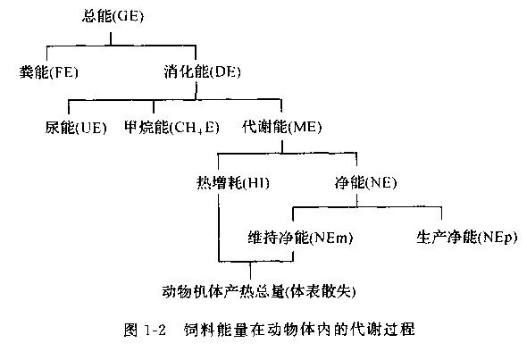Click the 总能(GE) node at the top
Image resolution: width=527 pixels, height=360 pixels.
[x=113, y=16]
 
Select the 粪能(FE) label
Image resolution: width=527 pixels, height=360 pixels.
[x=49, y=72]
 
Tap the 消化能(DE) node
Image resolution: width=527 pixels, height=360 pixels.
[x=203, y=72]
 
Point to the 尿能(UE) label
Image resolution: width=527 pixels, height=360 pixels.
[x=76, y=128]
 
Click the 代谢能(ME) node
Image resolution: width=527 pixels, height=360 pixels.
[x=281, y=127]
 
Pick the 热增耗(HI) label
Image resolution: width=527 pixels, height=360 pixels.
[x=233, y=183]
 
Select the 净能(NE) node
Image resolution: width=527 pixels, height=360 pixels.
[x=365, y=182]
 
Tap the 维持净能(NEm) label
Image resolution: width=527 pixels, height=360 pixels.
[x=300, y=238]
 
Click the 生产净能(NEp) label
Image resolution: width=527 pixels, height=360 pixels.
[x=467, y=238]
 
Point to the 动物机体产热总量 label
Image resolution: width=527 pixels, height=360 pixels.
[x=223, y=292]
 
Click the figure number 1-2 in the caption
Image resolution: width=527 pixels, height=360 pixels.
[x=155, y=330]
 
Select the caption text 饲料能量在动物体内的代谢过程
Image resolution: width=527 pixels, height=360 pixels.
[x=299, y=330]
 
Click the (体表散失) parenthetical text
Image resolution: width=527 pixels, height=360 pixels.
[x=321, y=292]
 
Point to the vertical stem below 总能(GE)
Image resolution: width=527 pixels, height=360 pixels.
[x=111, y=38]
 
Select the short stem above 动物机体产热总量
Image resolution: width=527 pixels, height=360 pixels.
[x=250, y=271]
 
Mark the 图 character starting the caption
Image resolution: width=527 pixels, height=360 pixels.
[x=130, y=330]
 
